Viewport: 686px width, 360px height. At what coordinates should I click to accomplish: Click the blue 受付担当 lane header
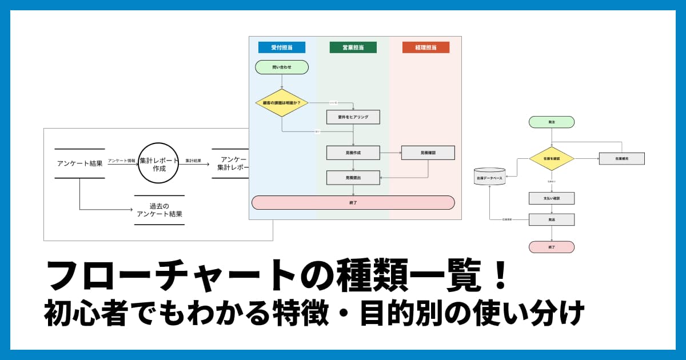(x=282, y=47)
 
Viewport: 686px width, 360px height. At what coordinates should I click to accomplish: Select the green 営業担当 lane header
(x=353, y=47)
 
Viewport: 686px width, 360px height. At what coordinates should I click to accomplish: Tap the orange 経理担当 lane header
(x=425, y=47)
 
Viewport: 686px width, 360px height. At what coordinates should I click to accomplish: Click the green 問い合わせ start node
(x=282, y=67)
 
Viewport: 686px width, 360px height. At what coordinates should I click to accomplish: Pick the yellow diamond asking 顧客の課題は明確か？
(x=282, y=103)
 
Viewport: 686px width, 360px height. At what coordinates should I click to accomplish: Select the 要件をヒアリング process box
(x=353, y=117)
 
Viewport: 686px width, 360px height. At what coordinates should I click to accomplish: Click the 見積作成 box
(x=353, y=153)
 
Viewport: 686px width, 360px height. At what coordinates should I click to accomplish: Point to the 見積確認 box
(x=428, y=153)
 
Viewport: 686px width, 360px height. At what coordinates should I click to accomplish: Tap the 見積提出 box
(x=353, y=178)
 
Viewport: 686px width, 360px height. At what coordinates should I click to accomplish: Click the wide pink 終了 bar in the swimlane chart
(x=353, y=203)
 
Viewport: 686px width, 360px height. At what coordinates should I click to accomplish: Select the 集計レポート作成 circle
(x=159, y=163)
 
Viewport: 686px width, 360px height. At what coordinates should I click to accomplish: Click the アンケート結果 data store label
(x=80, y=163)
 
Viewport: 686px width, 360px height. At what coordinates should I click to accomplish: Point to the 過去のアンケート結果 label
(x=159, y=210)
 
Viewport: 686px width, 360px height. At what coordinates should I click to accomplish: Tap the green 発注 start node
(x=552, y=122)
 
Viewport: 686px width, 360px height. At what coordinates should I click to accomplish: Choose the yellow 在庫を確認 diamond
(x=552, y=158)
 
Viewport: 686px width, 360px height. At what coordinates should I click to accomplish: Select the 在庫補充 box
(x=622, y=158)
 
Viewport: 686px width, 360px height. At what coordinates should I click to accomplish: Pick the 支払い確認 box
(x=552, y=198)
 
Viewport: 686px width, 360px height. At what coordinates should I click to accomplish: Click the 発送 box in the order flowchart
(x=552, y=219)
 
